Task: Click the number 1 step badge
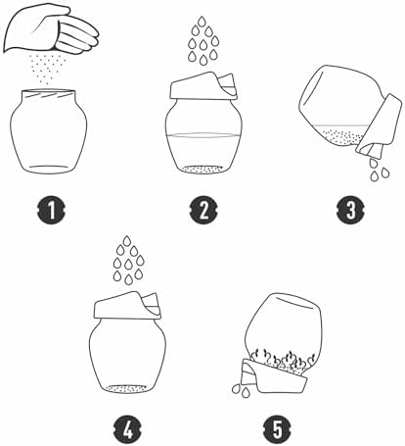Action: (x=51, y=210)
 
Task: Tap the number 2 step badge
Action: (x=203, y=210)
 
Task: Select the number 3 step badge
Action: (x=351, y=210)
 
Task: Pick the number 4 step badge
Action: (x=128, y=429)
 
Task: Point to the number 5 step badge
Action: (x=278, y=429)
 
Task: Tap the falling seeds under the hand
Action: (x=48, y=70)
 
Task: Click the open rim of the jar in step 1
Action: (x=49, y=91)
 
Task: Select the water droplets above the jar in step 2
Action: (x=203, y=40)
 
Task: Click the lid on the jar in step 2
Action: (x=202, y=86)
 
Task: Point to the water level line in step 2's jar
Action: (x=203, y=135)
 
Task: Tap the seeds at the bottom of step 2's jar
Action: (x=202, y=170)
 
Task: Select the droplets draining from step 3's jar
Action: (x=379, y=169)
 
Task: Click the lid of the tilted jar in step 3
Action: (x=380, y=124)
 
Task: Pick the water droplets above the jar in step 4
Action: (x=128, y=260)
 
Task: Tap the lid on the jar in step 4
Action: (x=127, y=306)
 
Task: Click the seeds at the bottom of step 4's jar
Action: (x=128, y=388)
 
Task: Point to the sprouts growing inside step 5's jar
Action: (x=281, y=361)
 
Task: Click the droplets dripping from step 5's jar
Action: (x=242, y=389)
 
